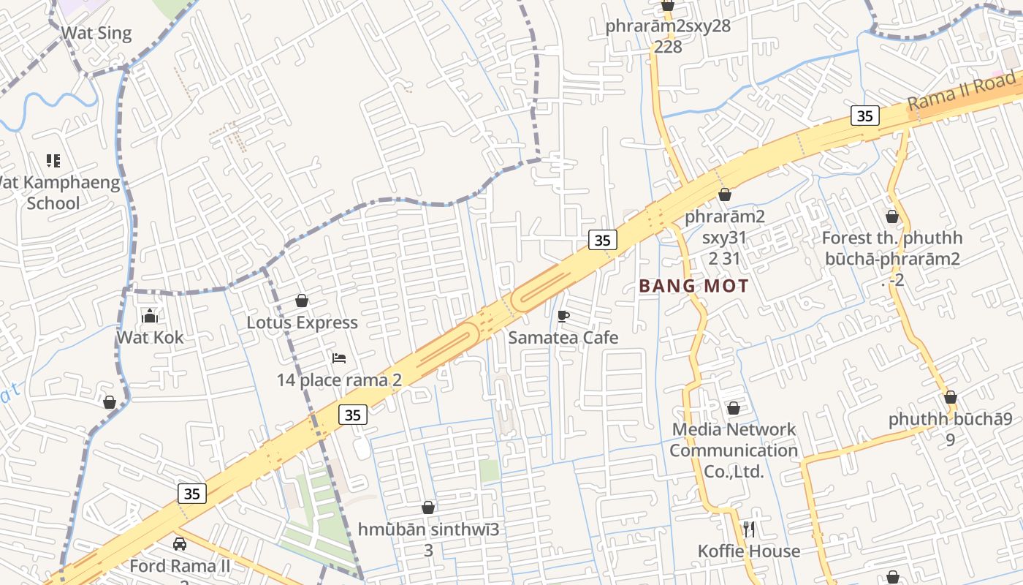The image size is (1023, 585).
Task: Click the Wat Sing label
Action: (x=96, y=33)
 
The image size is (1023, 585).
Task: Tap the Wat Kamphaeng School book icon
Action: (x=53, y=160)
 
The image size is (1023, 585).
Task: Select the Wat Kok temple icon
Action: (x=150, y=316)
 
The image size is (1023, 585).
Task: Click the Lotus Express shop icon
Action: (x=302, y=301)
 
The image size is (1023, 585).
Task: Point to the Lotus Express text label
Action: (x=302, y=322)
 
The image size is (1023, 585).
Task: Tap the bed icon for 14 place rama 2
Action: (x=339, y=358)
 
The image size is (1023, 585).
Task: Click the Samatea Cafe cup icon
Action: (x=563, y=316)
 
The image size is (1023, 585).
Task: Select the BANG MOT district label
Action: (x=694, y=286)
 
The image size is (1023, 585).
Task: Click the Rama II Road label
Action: (x=962, y=91)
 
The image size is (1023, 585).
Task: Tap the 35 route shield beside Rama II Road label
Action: (x=864, y=116)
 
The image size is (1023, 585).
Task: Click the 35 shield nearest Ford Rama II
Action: (x=191, y=494)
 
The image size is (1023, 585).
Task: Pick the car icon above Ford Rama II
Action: (x=180, y=544)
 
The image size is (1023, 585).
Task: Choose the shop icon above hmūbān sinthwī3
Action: (x=428, y=507)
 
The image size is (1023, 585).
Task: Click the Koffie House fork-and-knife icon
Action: (x=748, y=529)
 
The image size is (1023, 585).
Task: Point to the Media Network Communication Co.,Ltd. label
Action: (x=734, y=450)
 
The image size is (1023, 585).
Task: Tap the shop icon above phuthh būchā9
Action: (x=950, y=398)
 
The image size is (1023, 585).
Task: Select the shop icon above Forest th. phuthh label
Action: (x=891, y=216)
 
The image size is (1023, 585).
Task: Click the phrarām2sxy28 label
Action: (x=667, y=26)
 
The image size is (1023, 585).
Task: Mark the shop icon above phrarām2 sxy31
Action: (x=724, y=195)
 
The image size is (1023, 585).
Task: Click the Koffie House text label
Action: (x=748, y=551)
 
